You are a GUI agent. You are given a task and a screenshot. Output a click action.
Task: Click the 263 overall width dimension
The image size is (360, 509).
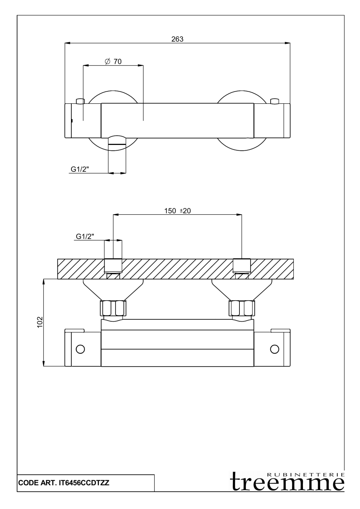click(177, 39)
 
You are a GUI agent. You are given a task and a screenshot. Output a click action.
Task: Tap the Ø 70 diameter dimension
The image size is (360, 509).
click(113, 61)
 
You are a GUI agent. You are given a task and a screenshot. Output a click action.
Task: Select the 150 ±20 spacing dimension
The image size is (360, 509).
click(177, 211)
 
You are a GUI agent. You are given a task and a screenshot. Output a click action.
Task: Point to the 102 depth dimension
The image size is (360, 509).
click(40, 322)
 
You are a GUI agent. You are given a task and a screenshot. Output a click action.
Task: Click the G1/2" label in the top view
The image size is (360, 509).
click(79, 169)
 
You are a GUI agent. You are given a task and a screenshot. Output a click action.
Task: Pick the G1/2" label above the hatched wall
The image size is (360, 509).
click(85, 237)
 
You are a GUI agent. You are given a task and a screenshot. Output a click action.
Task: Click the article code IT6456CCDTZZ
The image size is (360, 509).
click(84, 483)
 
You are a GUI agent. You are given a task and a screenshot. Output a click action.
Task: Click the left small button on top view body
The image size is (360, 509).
click(80, 101)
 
